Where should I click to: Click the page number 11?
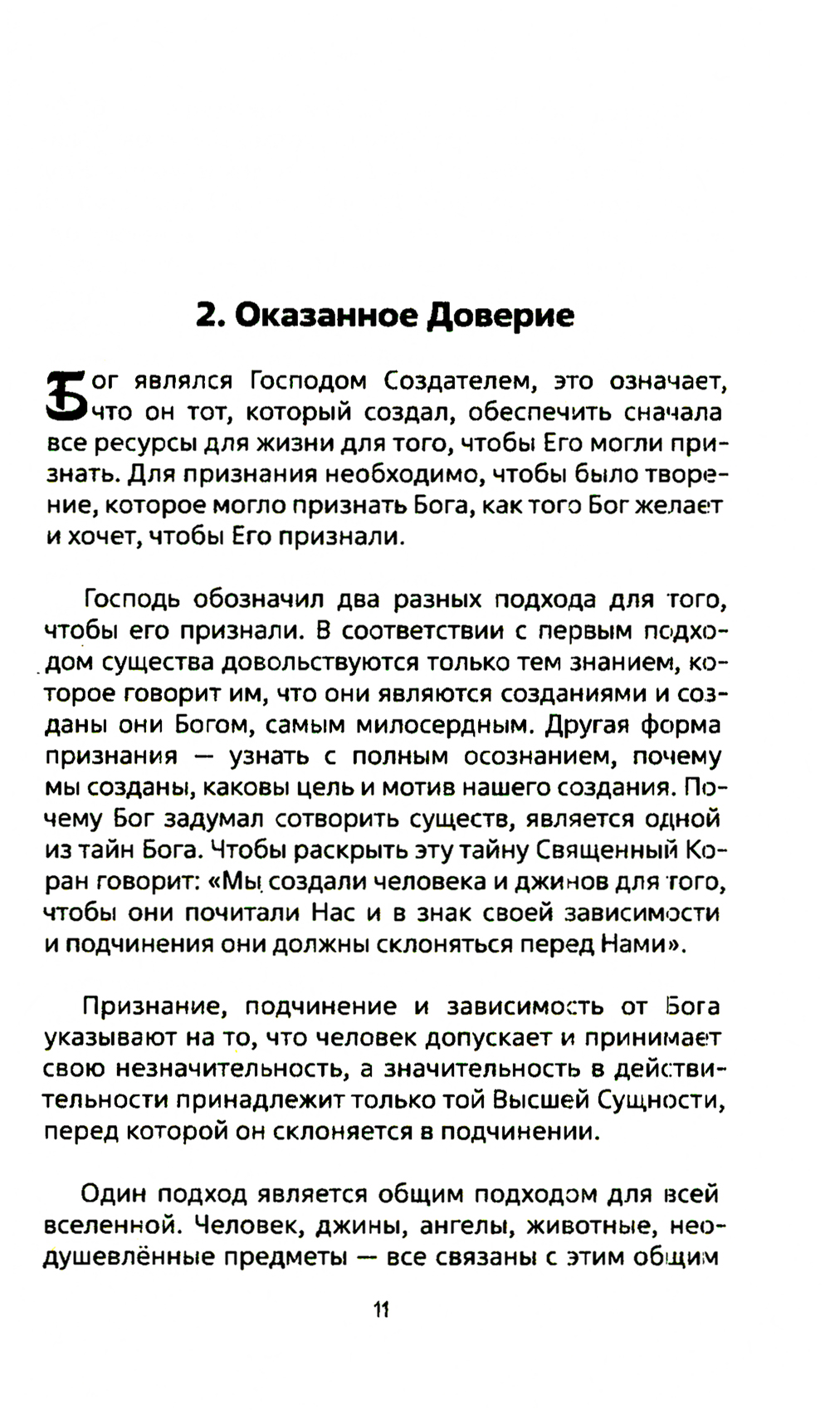[381, 1310]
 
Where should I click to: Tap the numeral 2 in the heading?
[205, 316]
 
